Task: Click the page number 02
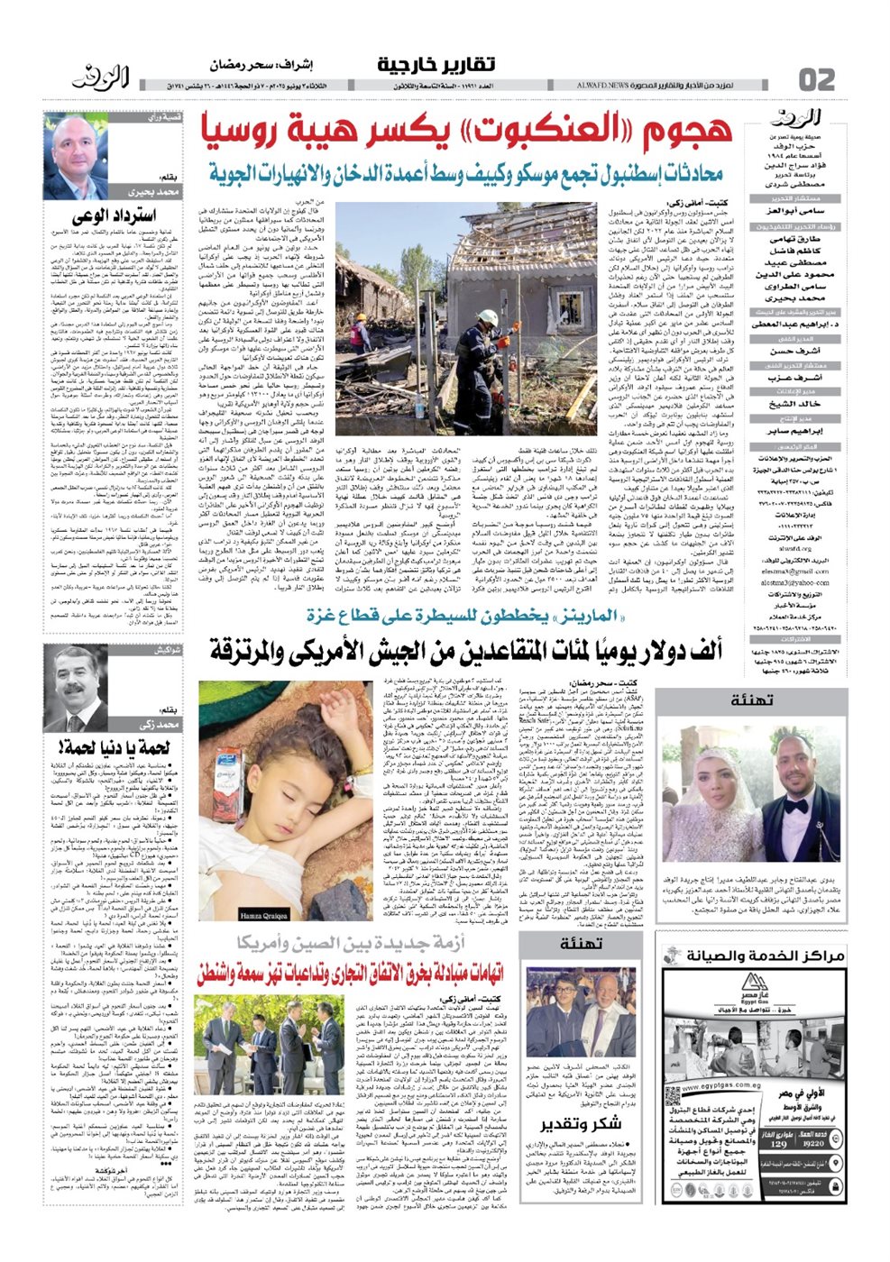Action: point(817,79)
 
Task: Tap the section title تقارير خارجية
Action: point(436,65)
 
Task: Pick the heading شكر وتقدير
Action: point(581,1124)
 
